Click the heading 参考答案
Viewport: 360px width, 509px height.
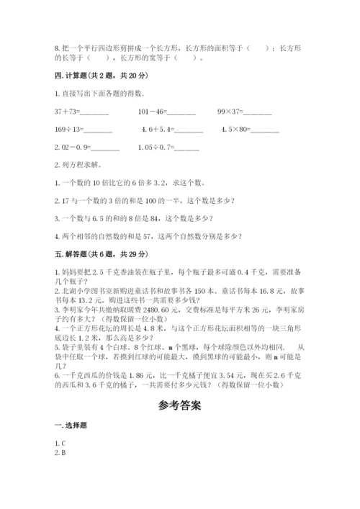(179, 406)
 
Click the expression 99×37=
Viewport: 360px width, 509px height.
(230, 112)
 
